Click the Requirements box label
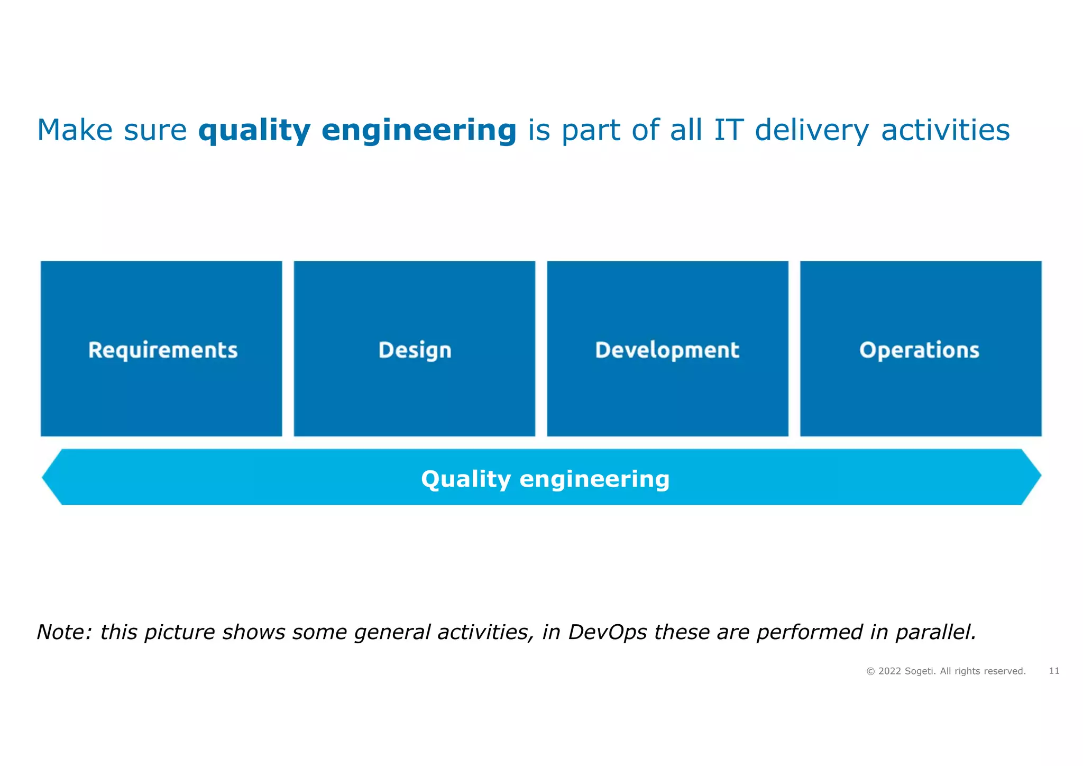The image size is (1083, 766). [x=163, y=350]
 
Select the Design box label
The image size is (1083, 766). [x=415, y=350]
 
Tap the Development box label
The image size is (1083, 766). [x=667, y=350]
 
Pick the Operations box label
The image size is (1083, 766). [x=920, y=350]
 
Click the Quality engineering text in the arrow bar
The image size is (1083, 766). [x=545, y=479]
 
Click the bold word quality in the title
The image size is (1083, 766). [x=254, y=130]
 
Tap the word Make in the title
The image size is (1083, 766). [x=75, y=130]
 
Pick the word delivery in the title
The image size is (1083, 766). [x=811, y=130]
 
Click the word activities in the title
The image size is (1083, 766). [x=945, y=130]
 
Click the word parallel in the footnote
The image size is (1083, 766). [x=935, y=632]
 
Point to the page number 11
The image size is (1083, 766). [x=1054, y=671]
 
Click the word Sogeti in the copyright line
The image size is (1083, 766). [x=920, y=671]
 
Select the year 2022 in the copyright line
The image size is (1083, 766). [x=889, y=671]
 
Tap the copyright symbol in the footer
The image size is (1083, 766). [x=870, y=671]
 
